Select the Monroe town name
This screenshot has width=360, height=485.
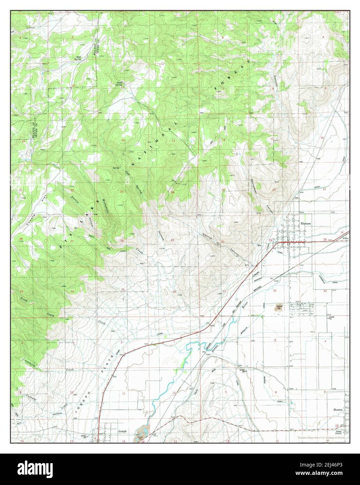[338, 410]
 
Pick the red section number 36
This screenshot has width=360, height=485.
[174, 292]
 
